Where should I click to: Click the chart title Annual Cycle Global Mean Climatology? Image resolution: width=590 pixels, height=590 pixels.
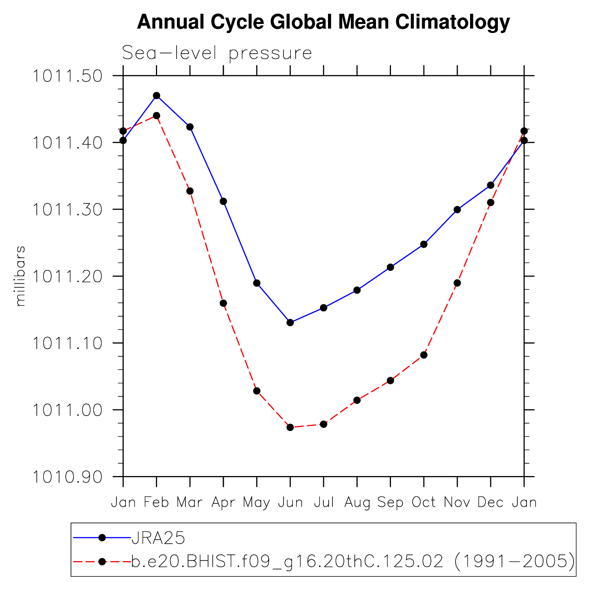click(x=323, y=22)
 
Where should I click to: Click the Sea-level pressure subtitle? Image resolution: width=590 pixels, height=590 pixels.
click(x=217, y=53)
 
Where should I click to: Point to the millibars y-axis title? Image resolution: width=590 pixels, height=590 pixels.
click(x=20, y=276)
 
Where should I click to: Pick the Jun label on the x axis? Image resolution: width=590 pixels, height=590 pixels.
click(x=290, y=502)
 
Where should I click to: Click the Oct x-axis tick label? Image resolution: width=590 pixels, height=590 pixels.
click(x=424, y=502)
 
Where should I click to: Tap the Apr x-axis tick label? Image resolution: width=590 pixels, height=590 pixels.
click(x=223, y=502)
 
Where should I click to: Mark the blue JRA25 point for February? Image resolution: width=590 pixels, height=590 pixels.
click(x=157, y=96)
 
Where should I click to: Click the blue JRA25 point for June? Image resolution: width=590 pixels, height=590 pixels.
click(x=290, y=322)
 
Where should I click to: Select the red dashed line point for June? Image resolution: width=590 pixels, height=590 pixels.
click(x=290, y=427)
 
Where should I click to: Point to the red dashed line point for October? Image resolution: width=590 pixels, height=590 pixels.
click(x=424, y=355)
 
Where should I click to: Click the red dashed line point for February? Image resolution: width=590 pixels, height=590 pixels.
click(x=157, y=116)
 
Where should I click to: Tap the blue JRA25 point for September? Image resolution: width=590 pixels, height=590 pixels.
click(x=390, y=267)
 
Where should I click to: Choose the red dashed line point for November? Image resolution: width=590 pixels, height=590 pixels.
click(x=457, y=283)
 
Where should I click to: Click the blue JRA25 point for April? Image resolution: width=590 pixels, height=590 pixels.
click(x=223, y=201)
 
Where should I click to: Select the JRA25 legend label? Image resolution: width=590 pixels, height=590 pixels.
click(x=158, y=538)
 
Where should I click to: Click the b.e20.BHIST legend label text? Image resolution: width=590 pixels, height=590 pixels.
click(x=352, y=562)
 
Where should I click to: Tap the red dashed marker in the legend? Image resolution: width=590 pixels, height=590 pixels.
click(x=102, y=562)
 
